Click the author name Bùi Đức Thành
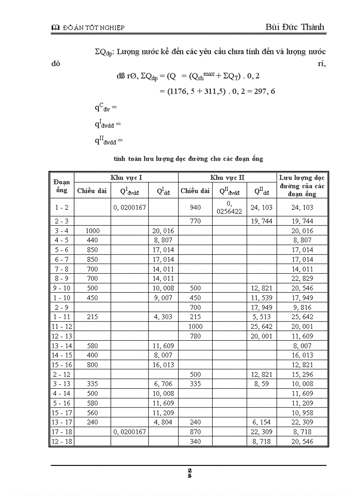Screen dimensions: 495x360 295,27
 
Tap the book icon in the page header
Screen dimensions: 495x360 55,28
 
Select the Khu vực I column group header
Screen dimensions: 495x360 126,177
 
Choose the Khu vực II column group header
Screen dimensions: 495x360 227,177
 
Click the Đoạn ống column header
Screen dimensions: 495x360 61,186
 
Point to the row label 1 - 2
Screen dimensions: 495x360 61,207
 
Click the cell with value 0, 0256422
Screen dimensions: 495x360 229,207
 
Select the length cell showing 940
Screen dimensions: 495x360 195,207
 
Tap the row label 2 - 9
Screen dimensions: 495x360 61,307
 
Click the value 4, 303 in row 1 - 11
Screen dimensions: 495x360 163,316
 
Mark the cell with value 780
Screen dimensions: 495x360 195,336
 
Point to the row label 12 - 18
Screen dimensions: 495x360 61,441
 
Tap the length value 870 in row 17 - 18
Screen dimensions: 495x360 195,432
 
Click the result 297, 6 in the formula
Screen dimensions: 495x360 262,91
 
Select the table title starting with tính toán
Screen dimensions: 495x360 188,158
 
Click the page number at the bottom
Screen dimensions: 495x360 189,473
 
